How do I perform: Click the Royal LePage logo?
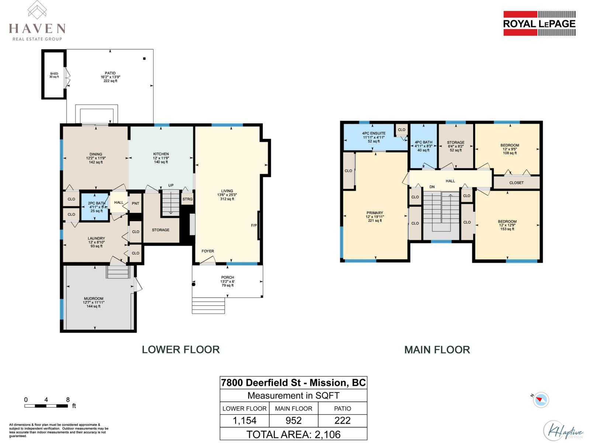click(539, 24)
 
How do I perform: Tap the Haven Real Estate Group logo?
click(37, 22)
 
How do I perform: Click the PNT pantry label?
click(135, 203)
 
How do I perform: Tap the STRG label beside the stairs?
click(187, 199)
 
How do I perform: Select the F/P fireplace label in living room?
click(254, 225)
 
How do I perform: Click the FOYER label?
click(208, 251)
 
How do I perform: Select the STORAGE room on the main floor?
click(456, 146)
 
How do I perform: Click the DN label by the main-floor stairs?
click(432, 187)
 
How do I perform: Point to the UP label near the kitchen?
click(171, 185)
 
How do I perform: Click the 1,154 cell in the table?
click(244, 420)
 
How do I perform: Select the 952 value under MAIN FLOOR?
click(294, 420)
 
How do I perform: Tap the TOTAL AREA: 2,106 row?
click(294, 434)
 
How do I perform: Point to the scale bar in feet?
click(46, 406)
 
